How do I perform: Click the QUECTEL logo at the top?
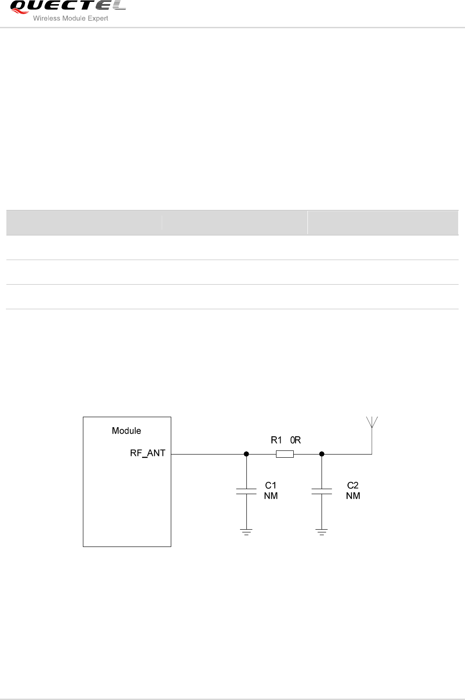coord(67,6)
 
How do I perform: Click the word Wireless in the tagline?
coord(46,18)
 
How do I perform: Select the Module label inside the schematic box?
coord(126,431)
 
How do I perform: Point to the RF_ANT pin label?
coord(148,453)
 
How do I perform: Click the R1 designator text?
coord(276,440)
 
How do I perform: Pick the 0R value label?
coord(296,440)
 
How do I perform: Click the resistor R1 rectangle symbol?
coord(285,454)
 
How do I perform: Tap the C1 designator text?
coord(271,485)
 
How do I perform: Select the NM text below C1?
coord(271,496)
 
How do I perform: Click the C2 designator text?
coord(353,485)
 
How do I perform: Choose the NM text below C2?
coord(353,496)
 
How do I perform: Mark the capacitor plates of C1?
coord(246,491)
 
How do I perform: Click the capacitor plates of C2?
coord(322,491)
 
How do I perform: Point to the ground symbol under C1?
coord(246,532)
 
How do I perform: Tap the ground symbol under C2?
coord(322,532)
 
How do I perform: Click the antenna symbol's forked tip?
coord(372,422)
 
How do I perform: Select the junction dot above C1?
coord(246,454)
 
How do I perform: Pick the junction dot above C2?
coord(322,454)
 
